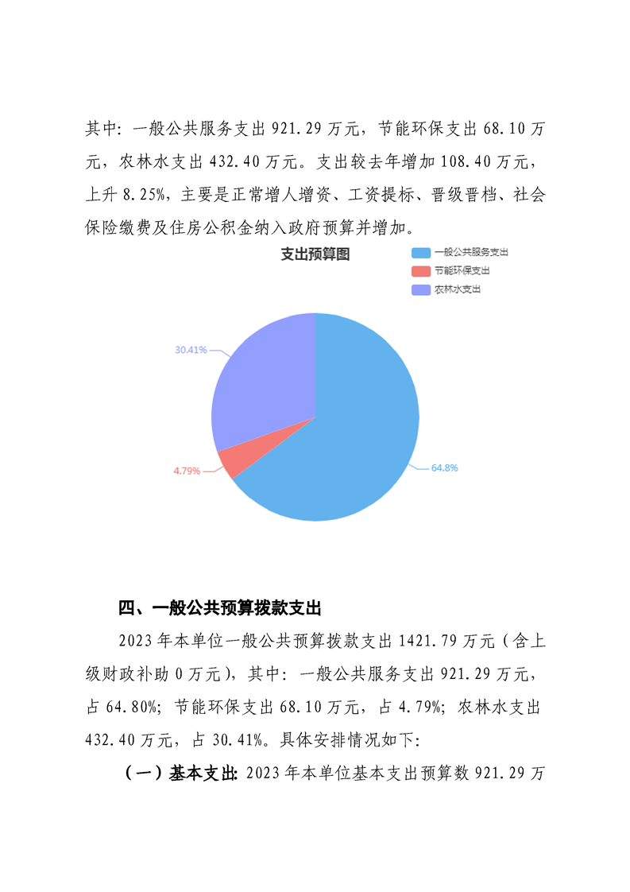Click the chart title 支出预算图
click(315, 254)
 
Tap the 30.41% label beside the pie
click(191, 350)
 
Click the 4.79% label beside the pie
click(187, 471)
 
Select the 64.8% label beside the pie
click(444, 468)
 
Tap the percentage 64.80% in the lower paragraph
click(131, 706)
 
